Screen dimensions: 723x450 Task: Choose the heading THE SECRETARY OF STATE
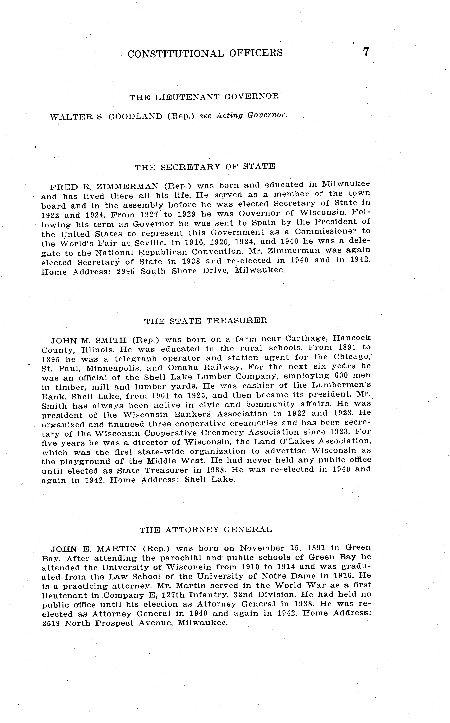(x=205, y=167)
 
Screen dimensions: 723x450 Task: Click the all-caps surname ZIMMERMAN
(x=128, y=187)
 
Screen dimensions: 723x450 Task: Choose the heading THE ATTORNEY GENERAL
(x=206, y=530)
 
